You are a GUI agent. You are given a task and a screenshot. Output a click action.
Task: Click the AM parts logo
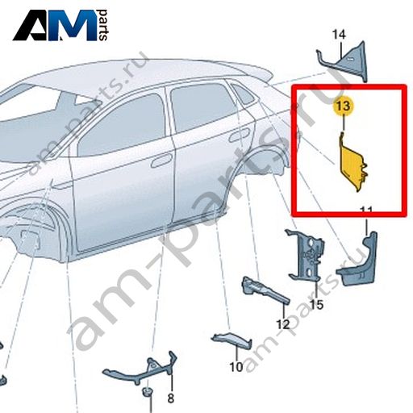pyautogui.click(x=60, y=25)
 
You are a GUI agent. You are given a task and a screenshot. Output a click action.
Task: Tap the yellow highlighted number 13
pyautogui.click(x=344, y=106)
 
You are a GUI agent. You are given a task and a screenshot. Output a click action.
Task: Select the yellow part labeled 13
pyautogui.click(x=353, y=162)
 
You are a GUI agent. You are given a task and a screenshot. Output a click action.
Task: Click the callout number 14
pyautogui.click(x=339, y=35)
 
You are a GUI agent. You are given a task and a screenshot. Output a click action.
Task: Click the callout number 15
pyautogui.click(x=316, y=305)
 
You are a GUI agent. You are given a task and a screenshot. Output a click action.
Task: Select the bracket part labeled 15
pyautogui.click(x=307, y=256)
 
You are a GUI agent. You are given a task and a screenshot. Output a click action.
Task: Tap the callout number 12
pyautogui.click(x=283, y=324)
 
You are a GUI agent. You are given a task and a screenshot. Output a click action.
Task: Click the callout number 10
pyautogui.click(x=236, y=366)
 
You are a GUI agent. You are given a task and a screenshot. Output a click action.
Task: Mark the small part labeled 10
pyautogui.click(x=232, y=340)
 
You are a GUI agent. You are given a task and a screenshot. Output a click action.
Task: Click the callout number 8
pyautogui.click(x=171, y=398)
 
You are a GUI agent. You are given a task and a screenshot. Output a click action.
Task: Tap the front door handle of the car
pyautogui.click(x=161, y=161)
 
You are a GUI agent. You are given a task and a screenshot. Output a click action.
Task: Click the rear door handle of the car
pyautogui.click(x=239, y=136)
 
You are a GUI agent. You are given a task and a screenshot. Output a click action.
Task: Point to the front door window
pyautogui.click(x=121, y=127)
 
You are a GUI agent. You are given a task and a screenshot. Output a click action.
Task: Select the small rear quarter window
pyautogui.click(x=243, y=94)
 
